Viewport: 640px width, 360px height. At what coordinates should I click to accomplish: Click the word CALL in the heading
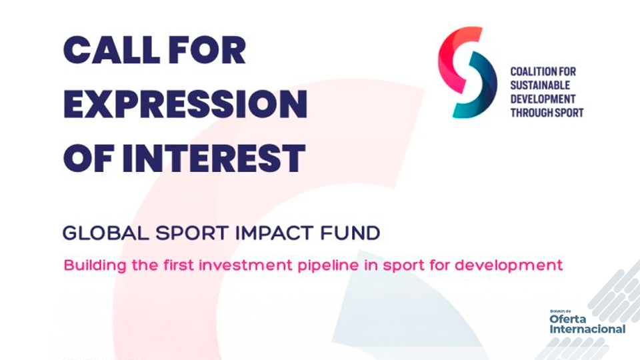pos(111,50)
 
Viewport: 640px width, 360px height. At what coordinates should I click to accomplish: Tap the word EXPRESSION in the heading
pos(185,104)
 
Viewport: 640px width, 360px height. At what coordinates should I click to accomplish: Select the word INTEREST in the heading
pos(213,158)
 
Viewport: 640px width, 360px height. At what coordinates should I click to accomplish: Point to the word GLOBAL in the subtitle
pos(106,233)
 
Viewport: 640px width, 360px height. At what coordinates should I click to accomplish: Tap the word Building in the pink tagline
pos(95,266)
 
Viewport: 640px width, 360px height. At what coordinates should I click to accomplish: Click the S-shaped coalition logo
pos(467,72)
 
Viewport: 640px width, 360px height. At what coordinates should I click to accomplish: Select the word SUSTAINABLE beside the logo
pos(540,85)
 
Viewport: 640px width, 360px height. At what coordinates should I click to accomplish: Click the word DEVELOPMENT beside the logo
pos(543,99)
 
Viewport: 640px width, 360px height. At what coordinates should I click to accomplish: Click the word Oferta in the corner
pos(568,319)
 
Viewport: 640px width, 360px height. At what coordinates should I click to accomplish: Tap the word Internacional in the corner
pos(587,329)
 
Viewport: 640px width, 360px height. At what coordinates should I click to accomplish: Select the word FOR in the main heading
pos(207,50)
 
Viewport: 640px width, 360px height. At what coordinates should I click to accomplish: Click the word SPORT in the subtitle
pos(192,233)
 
